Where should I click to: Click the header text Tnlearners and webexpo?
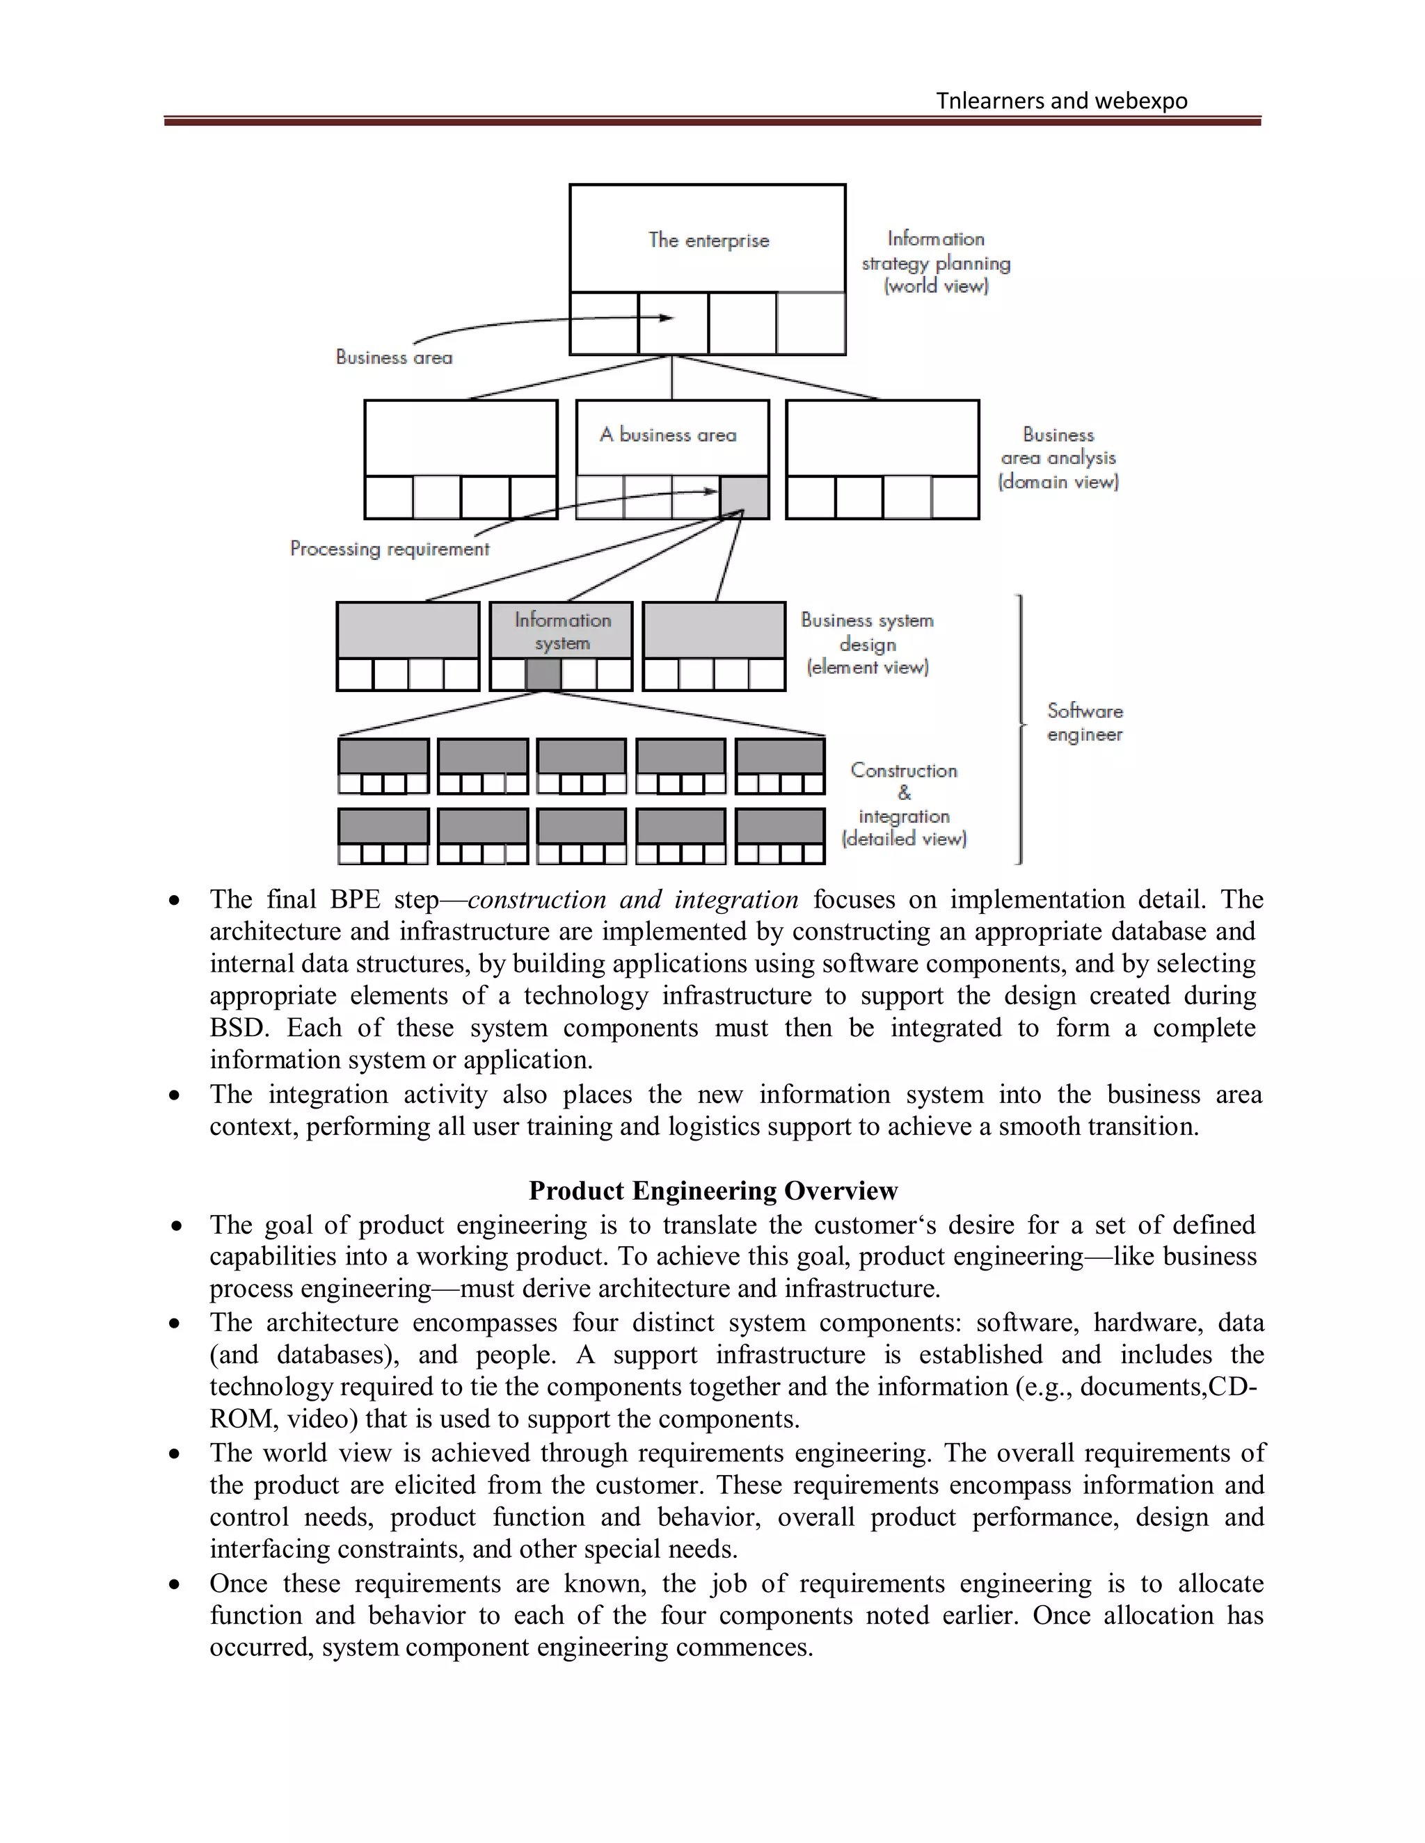click(x=1061, y=100)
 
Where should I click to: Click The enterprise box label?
click(x=708, y=241)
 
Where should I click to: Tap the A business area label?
click(x=668, y=435)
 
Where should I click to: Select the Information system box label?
click(x=562, y=631)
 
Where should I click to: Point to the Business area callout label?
click(x=393, y=357)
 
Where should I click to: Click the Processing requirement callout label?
click(x=389, y=549)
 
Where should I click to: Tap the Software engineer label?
click(x=1084, y=723)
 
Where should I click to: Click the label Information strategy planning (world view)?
click(x=935, y=262)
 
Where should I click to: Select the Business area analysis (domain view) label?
click(x=1058, y=458)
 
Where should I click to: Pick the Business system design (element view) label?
click(x=867, y=644)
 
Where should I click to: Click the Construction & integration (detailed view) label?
click(x=903, y=804)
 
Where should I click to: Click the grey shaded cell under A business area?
click(x=744, y=498)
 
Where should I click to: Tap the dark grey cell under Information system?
click(x=543, y=674)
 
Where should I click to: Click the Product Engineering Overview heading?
click(x=712, y=1191)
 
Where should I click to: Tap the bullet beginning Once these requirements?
click(x=175, y=1584)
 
